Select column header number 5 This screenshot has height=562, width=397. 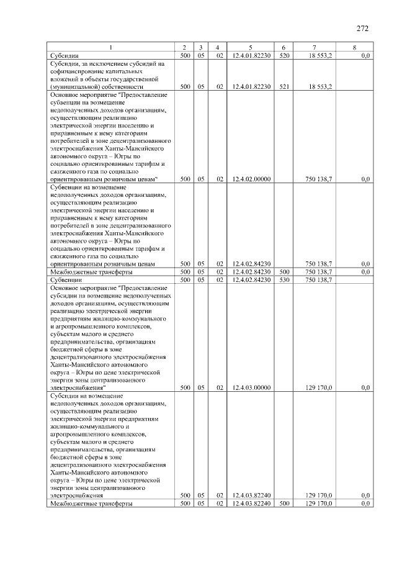pos(249,48)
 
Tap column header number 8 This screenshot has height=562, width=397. pos(354,48)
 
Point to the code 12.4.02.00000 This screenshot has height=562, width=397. pos(250,179)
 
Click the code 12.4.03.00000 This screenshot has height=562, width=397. pos(250,388)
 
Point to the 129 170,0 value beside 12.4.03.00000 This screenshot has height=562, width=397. pos(319,388)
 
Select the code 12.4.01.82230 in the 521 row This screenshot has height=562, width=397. pos(250,86)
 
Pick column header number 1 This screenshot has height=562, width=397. pos(111,48)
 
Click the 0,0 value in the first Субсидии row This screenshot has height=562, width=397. pos(365,56)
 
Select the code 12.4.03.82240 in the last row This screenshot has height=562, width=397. pos(250,504)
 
